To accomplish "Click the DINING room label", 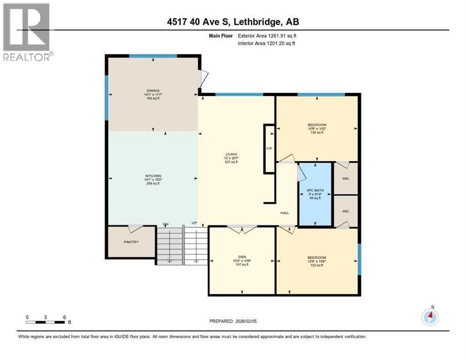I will click(x=152, y=91).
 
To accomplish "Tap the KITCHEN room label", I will click(x=152, y=176).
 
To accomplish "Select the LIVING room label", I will click(x=231, y=154).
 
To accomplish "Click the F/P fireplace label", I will click(x=269, y=149).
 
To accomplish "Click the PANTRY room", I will click(x=131, y=242).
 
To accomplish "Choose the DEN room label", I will click(x=242, y=256).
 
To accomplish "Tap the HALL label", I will click(x=284, y=213).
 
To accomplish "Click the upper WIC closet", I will click(x=346, y=178).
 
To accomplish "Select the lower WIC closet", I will click(x=346, y=211).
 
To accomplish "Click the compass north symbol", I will click(x=430, y=317).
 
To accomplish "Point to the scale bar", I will click(x=45, y=321).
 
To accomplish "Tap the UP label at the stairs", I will click(x=194, y=223).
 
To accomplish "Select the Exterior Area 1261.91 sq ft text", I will click(x=267, y=36).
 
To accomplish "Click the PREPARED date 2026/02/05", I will click(x=233, y=321).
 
